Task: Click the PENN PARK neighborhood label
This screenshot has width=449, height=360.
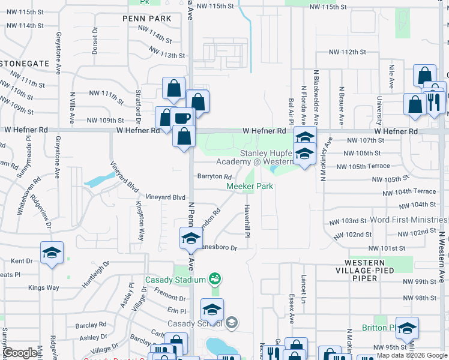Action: pyautogui.click(x=147, y=19)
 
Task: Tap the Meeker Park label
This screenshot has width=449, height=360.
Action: pyautogui.click(x=250, y=187)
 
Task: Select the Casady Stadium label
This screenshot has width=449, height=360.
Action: pyautogui.click(x=175, y=279)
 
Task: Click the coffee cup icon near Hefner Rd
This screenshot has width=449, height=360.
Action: pyautogui.click(x=182, y=118)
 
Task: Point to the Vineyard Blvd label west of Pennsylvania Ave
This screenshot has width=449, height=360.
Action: pyautogui.click(x=166, y=197)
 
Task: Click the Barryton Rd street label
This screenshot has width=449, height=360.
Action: pyautogui.click(x=214, y=176)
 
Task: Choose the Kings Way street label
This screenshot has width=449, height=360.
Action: pyautogui.click(x=44, y=288)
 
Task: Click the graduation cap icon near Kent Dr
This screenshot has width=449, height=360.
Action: pyautogui.click(x=52, y=252)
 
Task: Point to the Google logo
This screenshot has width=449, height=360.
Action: pyautogui.click(x=20, y=353)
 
